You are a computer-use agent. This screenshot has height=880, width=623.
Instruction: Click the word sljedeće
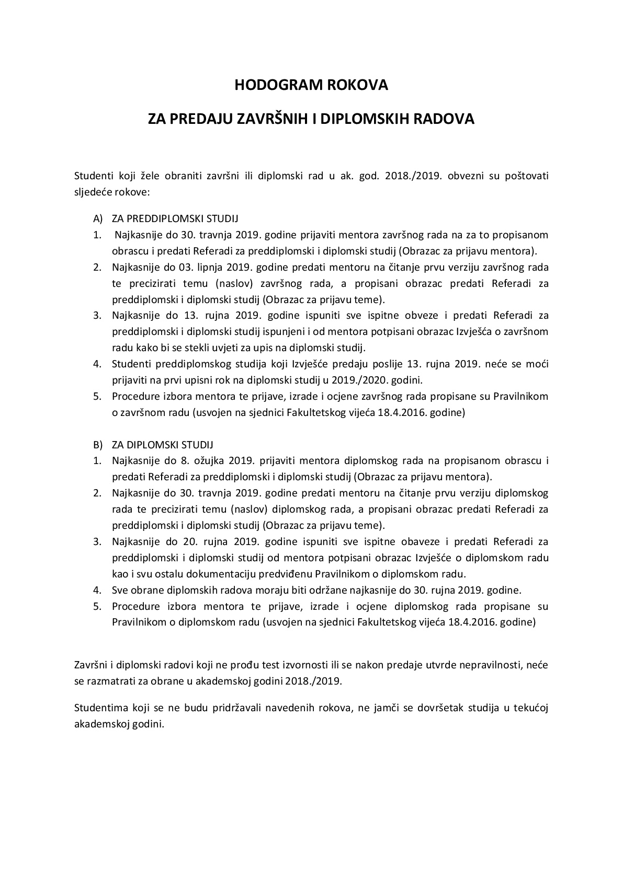[x=92, y=192]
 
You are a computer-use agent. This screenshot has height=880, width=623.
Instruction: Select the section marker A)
[x=98, y=218]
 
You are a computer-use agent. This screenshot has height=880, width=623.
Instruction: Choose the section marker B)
[x=98, y=445]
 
